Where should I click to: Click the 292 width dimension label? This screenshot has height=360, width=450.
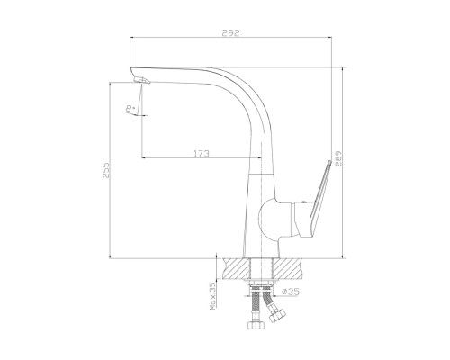(230, 32)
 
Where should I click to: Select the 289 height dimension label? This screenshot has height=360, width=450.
(338, 159)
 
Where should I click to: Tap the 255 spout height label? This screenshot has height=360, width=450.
(106, 170)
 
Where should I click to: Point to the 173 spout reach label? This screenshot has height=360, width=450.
(201, 154)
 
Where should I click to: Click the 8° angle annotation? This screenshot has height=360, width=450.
(130, 109)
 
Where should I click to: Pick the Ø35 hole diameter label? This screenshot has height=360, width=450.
(291, 292)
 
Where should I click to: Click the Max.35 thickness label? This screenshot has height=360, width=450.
(213, 296)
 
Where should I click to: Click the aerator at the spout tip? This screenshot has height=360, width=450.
(141, 80)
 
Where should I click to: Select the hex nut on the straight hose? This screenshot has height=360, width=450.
(256, 325)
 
